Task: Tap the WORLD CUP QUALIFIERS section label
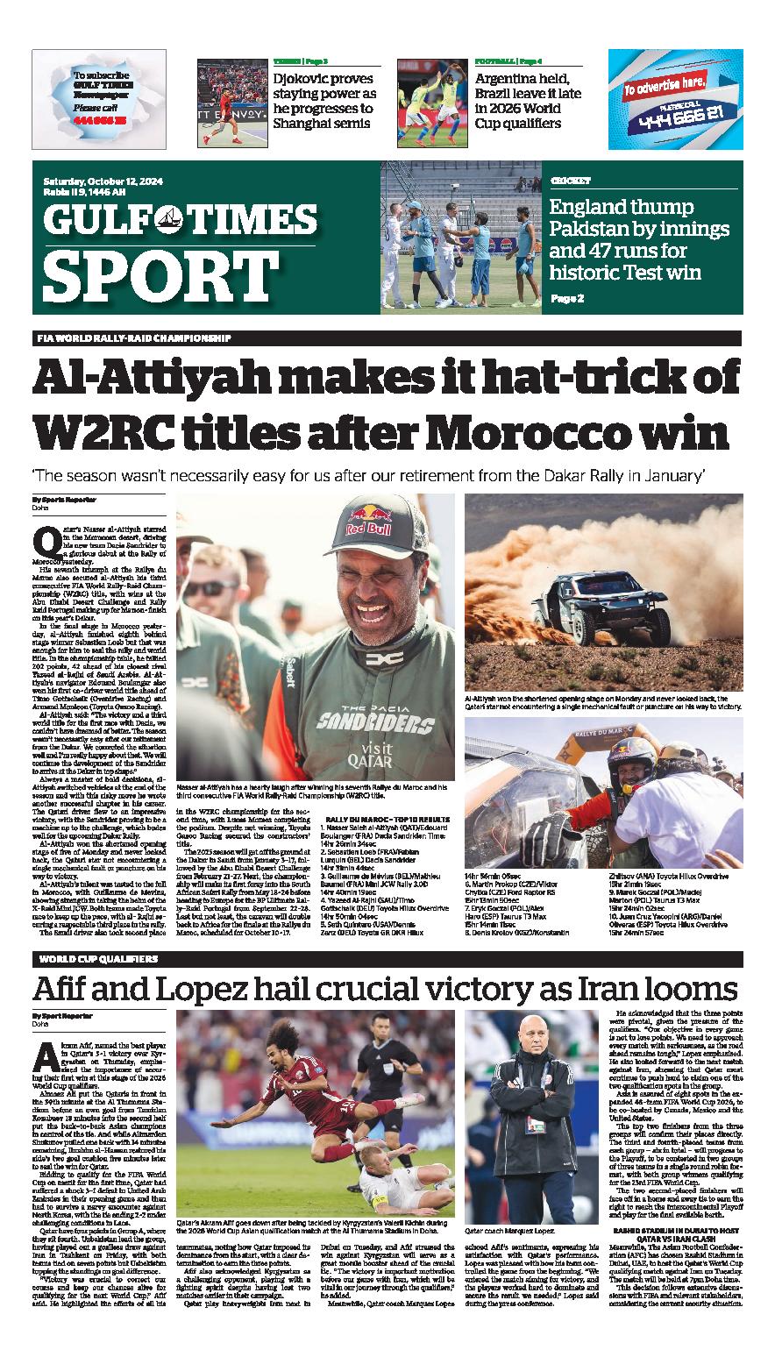98,959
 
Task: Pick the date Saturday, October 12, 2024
104,181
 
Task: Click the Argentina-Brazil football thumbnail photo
431,95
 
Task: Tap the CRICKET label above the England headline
570,180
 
